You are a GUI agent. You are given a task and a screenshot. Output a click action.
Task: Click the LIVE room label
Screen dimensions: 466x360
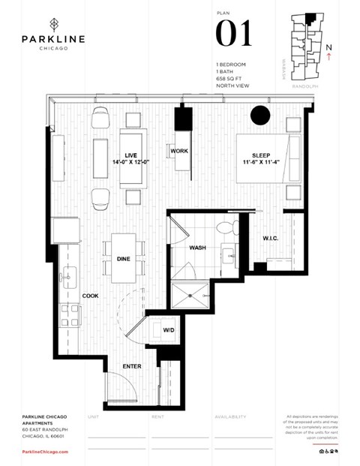(130, 155)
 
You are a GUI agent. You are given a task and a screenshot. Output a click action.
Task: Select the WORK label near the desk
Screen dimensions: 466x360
(178, 152)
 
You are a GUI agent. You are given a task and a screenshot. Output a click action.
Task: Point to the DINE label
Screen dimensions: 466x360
(124, 259)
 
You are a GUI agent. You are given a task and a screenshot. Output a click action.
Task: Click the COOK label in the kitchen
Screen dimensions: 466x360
(90, 296)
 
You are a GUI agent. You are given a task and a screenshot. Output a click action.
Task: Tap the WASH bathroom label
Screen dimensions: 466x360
(197, 247)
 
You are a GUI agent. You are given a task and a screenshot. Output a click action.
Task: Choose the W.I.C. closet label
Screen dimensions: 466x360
(271, 239)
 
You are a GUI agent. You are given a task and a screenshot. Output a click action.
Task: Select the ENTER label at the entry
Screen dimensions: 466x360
(132, 366)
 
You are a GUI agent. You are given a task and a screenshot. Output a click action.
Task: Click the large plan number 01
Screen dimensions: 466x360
(233, 34)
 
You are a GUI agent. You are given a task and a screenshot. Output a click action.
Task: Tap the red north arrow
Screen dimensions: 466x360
(329, 59)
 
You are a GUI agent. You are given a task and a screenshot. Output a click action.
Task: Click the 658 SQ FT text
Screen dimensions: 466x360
(227, 77)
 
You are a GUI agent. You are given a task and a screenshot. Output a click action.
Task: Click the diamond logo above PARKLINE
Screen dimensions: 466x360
(52, 23)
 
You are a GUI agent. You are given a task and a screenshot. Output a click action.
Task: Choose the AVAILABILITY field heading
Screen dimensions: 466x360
(230, 415)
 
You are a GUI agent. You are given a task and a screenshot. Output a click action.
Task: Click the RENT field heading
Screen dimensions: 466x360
(157, 415)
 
